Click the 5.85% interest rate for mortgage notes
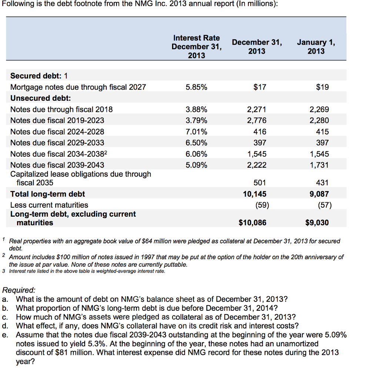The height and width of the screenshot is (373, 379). pyautogui.click(x=196, y=87)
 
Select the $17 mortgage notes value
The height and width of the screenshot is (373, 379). pyautogui.click(x=260, y=87)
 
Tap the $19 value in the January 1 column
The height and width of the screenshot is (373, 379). pyautogui.click(x=322, y=87)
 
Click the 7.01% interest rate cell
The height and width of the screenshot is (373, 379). pyautogui.click(x=196, y=131)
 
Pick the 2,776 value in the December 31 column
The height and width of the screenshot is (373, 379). pyautogui.click(x=256, y=120)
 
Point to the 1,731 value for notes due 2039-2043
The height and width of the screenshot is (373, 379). pyautogui.click(x=319, y=165)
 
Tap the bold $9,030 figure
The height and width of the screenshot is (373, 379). pyautogui.click(x=317, y=223)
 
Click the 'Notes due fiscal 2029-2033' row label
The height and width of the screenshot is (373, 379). pyautogui.click(x=57, y=143)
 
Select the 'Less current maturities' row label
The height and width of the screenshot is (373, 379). pyautogui.click(x=49, y=205)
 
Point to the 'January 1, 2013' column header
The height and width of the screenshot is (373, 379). pyautogui.click(x=316, y=47)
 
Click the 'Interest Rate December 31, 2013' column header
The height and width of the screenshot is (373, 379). pyautogui.click(x=197, y=47)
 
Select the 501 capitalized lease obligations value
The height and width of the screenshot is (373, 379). pyautogui.click(x=260, y=183)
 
